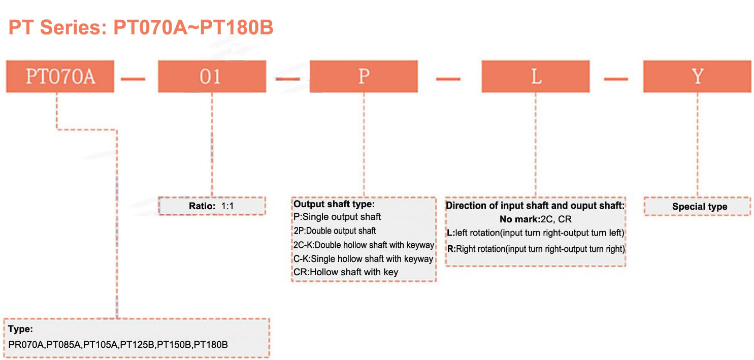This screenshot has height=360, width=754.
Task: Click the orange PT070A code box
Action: [x=60, y=77]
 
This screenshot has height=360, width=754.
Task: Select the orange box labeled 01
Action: [x=212, y=77]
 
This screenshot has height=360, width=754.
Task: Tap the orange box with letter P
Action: [x=364, y=77]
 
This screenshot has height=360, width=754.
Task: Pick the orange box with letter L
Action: [x=536, y=77]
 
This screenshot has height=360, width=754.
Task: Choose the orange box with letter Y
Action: [x=697, y=77]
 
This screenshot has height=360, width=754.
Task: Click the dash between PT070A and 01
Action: [x=133, y=79]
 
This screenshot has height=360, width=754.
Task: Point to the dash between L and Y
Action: [x=616, y=79]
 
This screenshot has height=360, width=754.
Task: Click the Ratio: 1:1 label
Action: [x=211, y=206]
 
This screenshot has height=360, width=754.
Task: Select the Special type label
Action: [x=700, y=207]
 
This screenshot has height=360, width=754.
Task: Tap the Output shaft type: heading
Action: [x=334, y=204]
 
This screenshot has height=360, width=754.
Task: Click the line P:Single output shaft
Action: [x=337, y=217]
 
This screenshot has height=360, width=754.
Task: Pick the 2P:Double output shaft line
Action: [x=335, y=231]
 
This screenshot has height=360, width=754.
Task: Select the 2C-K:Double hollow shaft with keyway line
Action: [x=364, y=245]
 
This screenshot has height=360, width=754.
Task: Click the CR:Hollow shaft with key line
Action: [x=346, y=272]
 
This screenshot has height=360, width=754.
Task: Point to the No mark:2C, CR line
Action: [x=536, y=219]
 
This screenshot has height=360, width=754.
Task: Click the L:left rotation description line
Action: [x=536, y=233]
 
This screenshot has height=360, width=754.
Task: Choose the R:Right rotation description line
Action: [x=536, y=249]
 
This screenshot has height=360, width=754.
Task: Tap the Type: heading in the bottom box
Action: [x=20, y=329]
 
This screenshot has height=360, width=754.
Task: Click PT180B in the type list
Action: [x=211, y=345]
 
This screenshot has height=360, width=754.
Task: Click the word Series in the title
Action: [x=74, y=27]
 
